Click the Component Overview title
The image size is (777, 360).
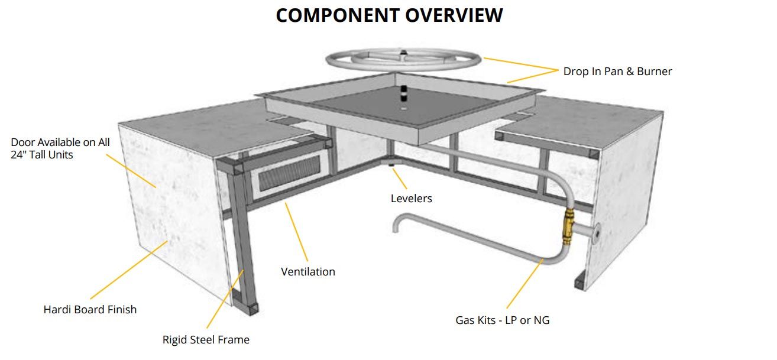pos(389,15)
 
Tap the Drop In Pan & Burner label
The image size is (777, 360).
pos(617,72)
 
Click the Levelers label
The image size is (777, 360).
pos(411,199)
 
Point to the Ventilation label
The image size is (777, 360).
pos(307,272)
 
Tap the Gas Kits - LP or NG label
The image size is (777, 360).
pos(502,320)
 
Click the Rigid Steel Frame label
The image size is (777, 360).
pos(206,340)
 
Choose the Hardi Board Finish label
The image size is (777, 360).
pos(90,309)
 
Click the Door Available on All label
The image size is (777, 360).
pos(60,142)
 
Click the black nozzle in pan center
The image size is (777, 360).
pos(403,93)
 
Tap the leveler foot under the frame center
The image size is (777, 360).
pos(392,164)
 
